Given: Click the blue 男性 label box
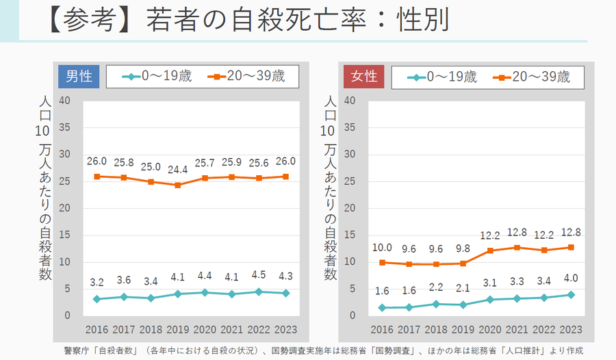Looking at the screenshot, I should pos(79,77).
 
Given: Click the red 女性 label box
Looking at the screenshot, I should pos(365,77).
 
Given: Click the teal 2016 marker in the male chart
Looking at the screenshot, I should pos(97,299).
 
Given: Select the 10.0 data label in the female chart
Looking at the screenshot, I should pos(382,247).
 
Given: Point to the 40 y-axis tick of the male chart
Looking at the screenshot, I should pos(65,101).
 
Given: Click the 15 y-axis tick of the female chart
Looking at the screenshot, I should pos(350,235).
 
